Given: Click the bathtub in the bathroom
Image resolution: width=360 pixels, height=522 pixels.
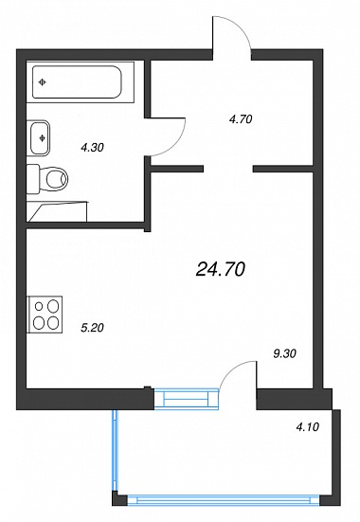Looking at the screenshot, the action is pyautogui.click(x=77, y=81).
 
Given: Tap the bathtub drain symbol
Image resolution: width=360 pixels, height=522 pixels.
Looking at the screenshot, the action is pyautogui.click(x=42, y=82).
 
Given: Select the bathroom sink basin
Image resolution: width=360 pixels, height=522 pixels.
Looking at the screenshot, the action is pyautogui.click(x=40, y=137).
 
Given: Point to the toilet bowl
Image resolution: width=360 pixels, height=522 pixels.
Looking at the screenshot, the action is pyautogui.click(x=56, y=179).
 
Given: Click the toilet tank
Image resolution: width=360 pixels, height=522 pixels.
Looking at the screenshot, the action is pyautogui.click(x=33, y=178).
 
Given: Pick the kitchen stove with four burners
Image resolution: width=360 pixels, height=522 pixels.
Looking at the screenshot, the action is pyautogui.click(x=45, y=315).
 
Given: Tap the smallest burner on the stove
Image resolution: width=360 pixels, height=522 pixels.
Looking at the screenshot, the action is pyautogui.click(x=39, y=306).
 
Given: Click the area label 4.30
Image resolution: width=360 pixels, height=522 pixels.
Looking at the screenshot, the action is pyautogui.click(x=92, y=147).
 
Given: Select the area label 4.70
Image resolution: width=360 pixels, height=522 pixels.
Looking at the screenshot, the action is pyautogui.click(x=241, y=118).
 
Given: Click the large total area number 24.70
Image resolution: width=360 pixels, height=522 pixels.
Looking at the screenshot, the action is pyautogui.click(x=221, y=269).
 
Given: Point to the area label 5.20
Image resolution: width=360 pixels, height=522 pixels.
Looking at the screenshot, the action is pyautogui.click(x=92, y=328).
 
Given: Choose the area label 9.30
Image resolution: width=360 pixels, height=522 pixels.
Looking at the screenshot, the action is pyautogui.click(x=284, y=353).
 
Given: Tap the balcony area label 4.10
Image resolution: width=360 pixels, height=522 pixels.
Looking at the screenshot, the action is pyautogui.click(x=307, y=426).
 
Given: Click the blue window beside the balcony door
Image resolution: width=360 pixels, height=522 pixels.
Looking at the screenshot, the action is pyautogui.click(x=187, y=398).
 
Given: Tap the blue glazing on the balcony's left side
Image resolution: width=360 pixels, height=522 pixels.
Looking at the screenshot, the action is pyautogui.click(x=115, y=450).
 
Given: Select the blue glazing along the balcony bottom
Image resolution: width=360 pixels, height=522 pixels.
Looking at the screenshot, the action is pyautogui.click(x=224, y=500).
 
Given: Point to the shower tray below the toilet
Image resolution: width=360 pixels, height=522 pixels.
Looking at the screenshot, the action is pyautogui.click(x=57, y=211).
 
